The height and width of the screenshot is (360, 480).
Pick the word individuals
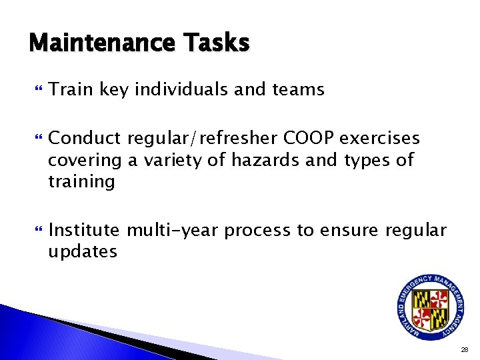tap(185, 89)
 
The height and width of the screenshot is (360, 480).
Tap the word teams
tap(299, 89)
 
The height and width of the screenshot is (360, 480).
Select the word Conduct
tap(85, 138)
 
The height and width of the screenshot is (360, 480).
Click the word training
tap(81, 182)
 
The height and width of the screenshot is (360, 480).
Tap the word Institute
tap(84, 231)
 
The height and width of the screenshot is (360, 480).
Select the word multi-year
tap(173, 231)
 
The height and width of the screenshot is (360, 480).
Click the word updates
tap(83, 252)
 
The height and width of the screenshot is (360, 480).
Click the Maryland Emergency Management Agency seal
tap(431, 304)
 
